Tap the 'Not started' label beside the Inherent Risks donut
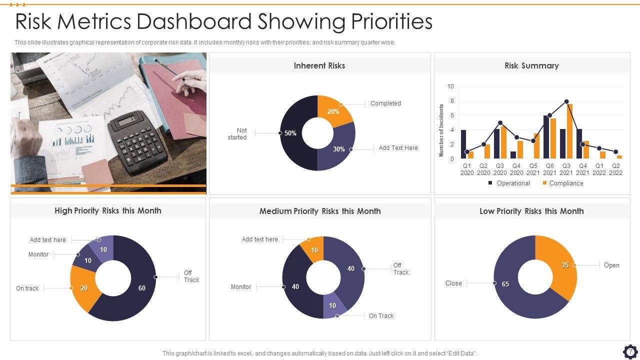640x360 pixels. click(x=239, y=134)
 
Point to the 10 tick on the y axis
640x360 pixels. click(x=450, y=86)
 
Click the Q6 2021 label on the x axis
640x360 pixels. click(x=549, y=169)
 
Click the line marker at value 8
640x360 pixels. click(x=566, y=101)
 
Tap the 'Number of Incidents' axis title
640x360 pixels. click(x=441, y=130)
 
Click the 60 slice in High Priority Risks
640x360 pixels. click(x=142, y=287)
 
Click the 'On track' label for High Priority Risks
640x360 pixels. click(x=27, y=288)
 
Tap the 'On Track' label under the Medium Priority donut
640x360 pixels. click(x=381, y=316)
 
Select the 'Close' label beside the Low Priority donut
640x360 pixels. click(x=453, y=283)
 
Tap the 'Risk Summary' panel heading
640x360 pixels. click(x=531, y=65)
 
